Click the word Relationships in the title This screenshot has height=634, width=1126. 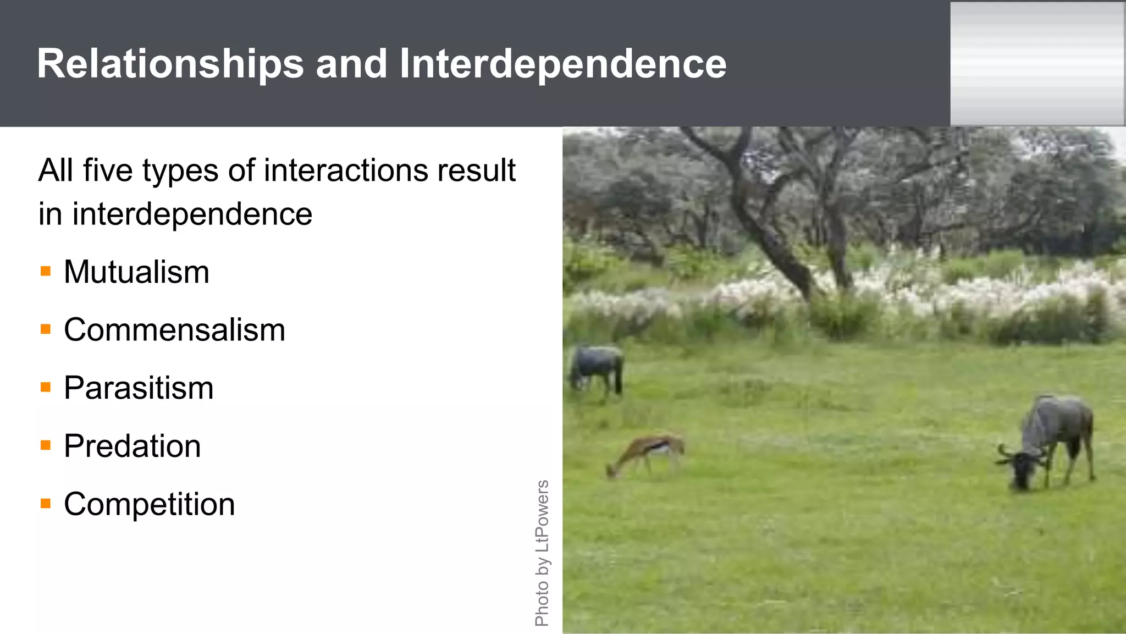pos(170,64)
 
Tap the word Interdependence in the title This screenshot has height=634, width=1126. pos(562,64)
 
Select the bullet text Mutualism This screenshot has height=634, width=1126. pos(136,272)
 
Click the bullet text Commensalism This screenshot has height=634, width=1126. pos(174,330)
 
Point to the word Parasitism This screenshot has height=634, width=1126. pos(139,388)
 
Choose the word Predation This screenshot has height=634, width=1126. pos(132,446)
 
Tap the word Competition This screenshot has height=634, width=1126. pos(149,504)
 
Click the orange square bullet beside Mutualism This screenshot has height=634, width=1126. pos(46,271)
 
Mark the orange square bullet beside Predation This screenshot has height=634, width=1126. pos(46,445)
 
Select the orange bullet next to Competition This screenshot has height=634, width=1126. pos(46,503)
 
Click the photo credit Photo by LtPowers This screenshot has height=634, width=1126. pos(542,553)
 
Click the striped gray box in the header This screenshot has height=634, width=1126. pos(1037,64)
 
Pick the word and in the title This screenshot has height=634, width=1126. pos(351,64)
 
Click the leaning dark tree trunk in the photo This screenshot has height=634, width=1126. pos(770,231)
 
